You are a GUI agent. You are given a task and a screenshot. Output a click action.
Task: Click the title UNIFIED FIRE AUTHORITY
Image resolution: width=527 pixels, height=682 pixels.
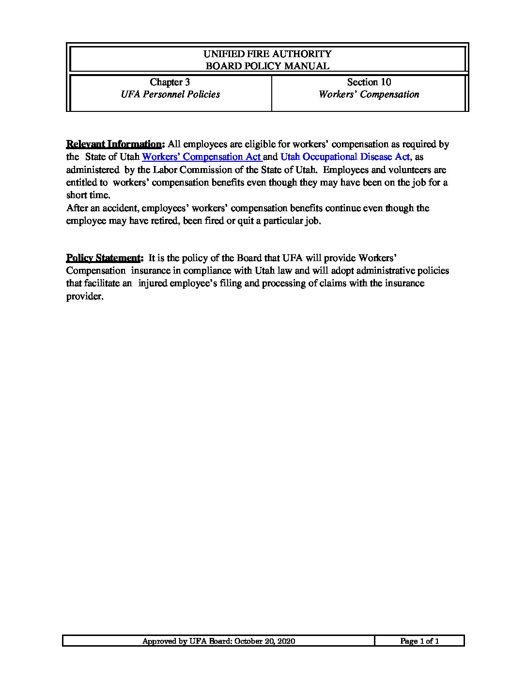click(267, 54)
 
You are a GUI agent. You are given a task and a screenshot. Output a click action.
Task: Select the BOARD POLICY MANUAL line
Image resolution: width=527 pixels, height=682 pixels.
click(267, 66)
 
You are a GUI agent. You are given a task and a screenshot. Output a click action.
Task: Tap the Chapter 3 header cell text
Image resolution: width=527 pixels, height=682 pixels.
click(170, 82)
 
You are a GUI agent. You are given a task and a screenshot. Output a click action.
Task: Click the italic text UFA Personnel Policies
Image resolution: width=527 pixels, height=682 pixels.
click(170, 94)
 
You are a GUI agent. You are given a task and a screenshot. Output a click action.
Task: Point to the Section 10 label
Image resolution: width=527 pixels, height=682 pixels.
click(369, 82)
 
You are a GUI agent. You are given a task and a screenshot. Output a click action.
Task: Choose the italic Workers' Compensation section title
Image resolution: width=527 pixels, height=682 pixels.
click(369, 94)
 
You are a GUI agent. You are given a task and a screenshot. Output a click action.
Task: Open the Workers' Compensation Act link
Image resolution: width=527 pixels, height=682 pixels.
click(201, 157)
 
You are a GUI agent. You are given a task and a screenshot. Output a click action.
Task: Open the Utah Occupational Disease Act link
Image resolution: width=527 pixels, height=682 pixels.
click(345, 157)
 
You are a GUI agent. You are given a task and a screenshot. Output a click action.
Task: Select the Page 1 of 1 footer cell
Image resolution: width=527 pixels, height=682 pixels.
click(419, 641)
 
